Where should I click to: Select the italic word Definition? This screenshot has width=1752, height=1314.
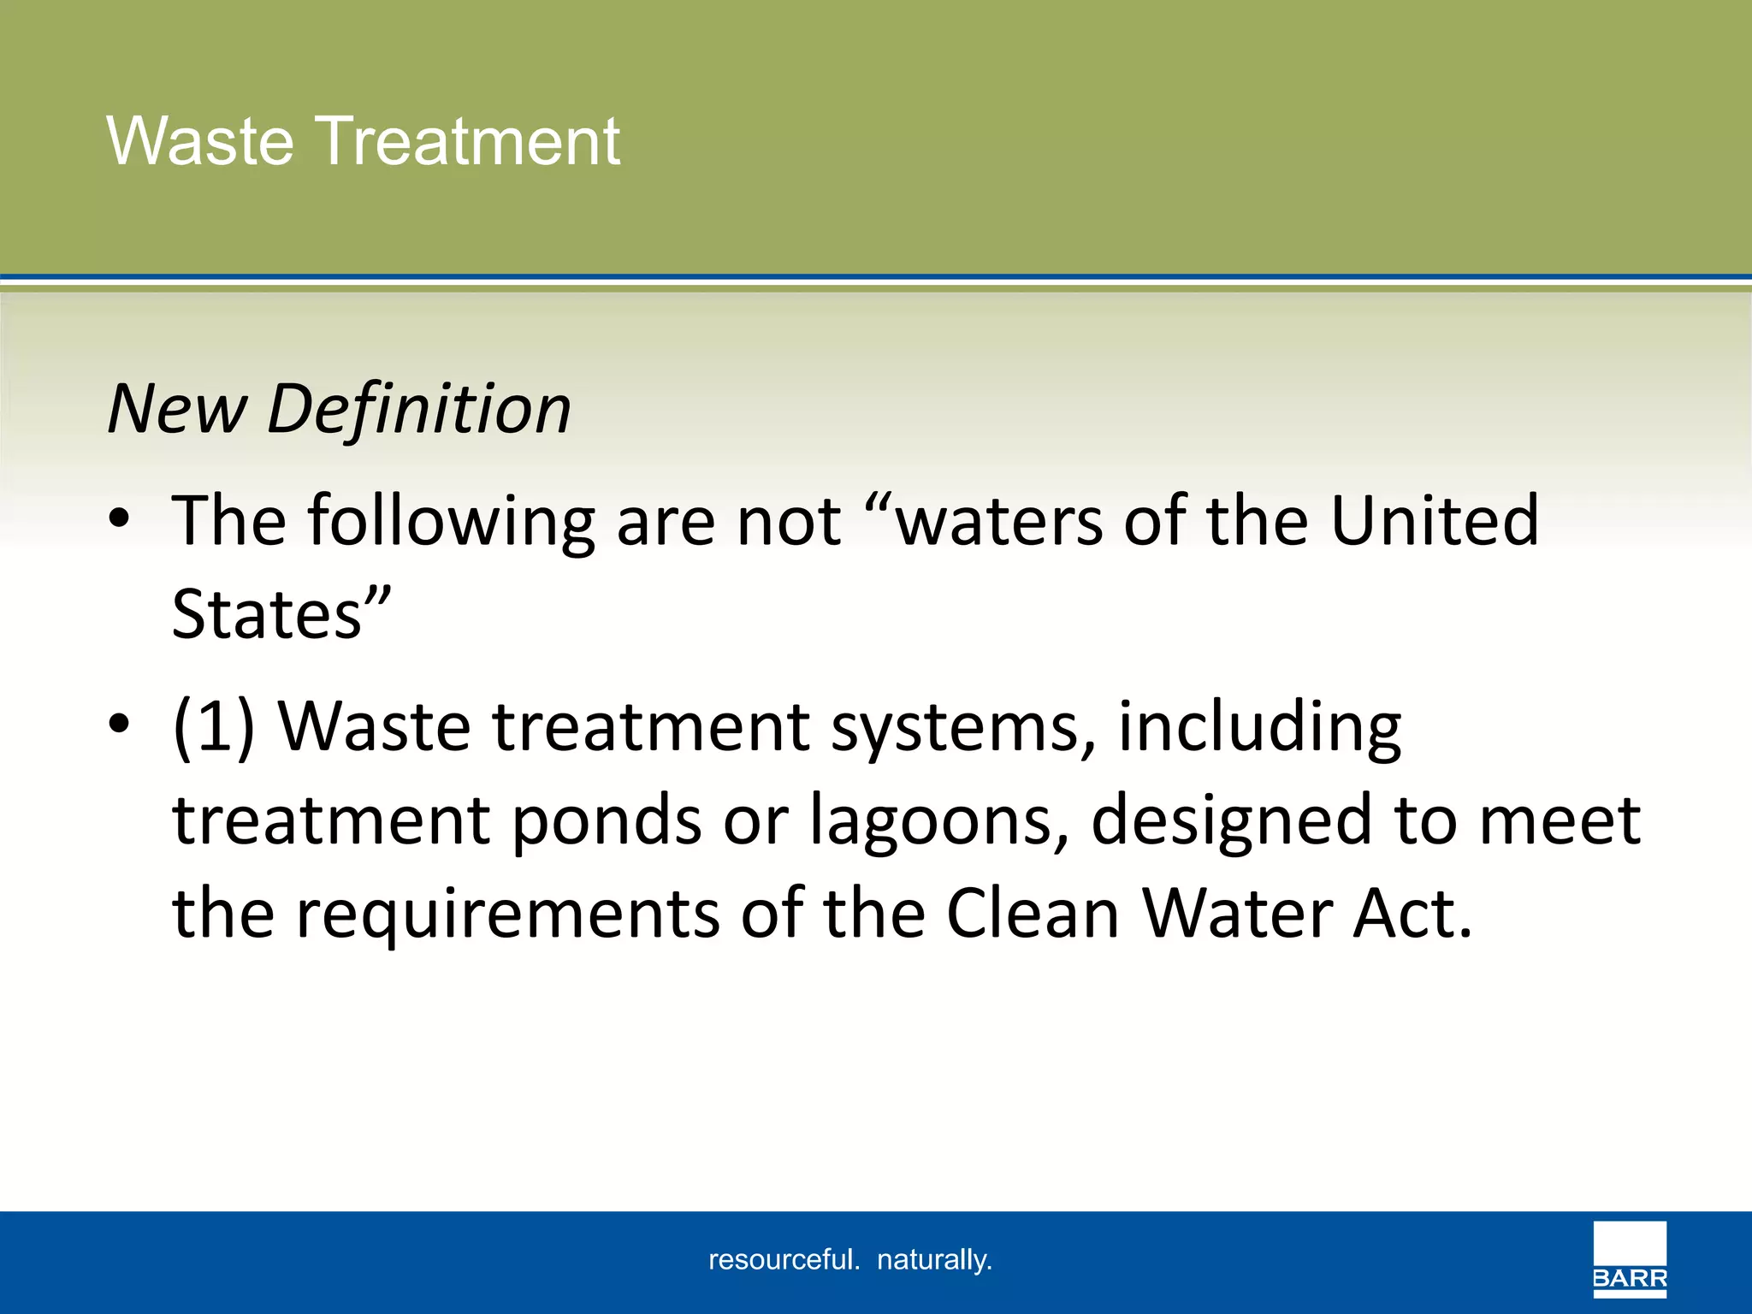419,409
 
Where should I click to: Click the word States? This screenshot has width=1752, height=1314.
267,614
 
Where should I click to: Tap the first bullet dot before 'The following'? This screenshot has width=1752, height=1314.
120,518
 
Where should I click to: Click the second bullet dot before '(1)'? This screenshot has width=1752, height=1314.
120,724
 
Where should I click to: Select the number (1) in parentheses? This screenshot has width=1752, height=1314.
214,727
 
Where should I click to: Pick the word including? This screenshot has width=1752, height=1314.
1259,727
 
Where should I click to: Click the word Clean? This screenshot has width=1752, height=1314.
1033,914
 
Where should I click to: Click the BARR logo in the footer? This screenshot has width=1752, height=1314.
1630,1258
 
